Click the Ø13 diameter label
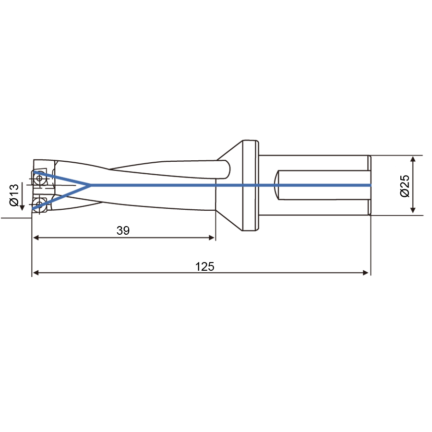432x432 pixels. [x=14, y=195]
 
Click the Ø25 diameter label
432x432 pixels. [x=405, y=186]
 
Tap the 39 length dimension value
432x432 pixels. [x=123, y=230]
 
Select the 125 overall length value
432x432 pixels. [x=204, y=266]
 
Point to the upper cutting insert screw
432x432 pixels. [x=39, y=178]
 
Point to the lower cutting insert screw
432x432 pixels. [x=39, y=204]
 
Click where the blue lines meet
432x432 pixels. [x=90, y=185]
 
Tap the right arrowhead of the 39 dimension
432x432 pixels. [x=212, y=238]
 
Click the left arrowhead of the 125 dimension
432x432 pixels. [x=36, y=273]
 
